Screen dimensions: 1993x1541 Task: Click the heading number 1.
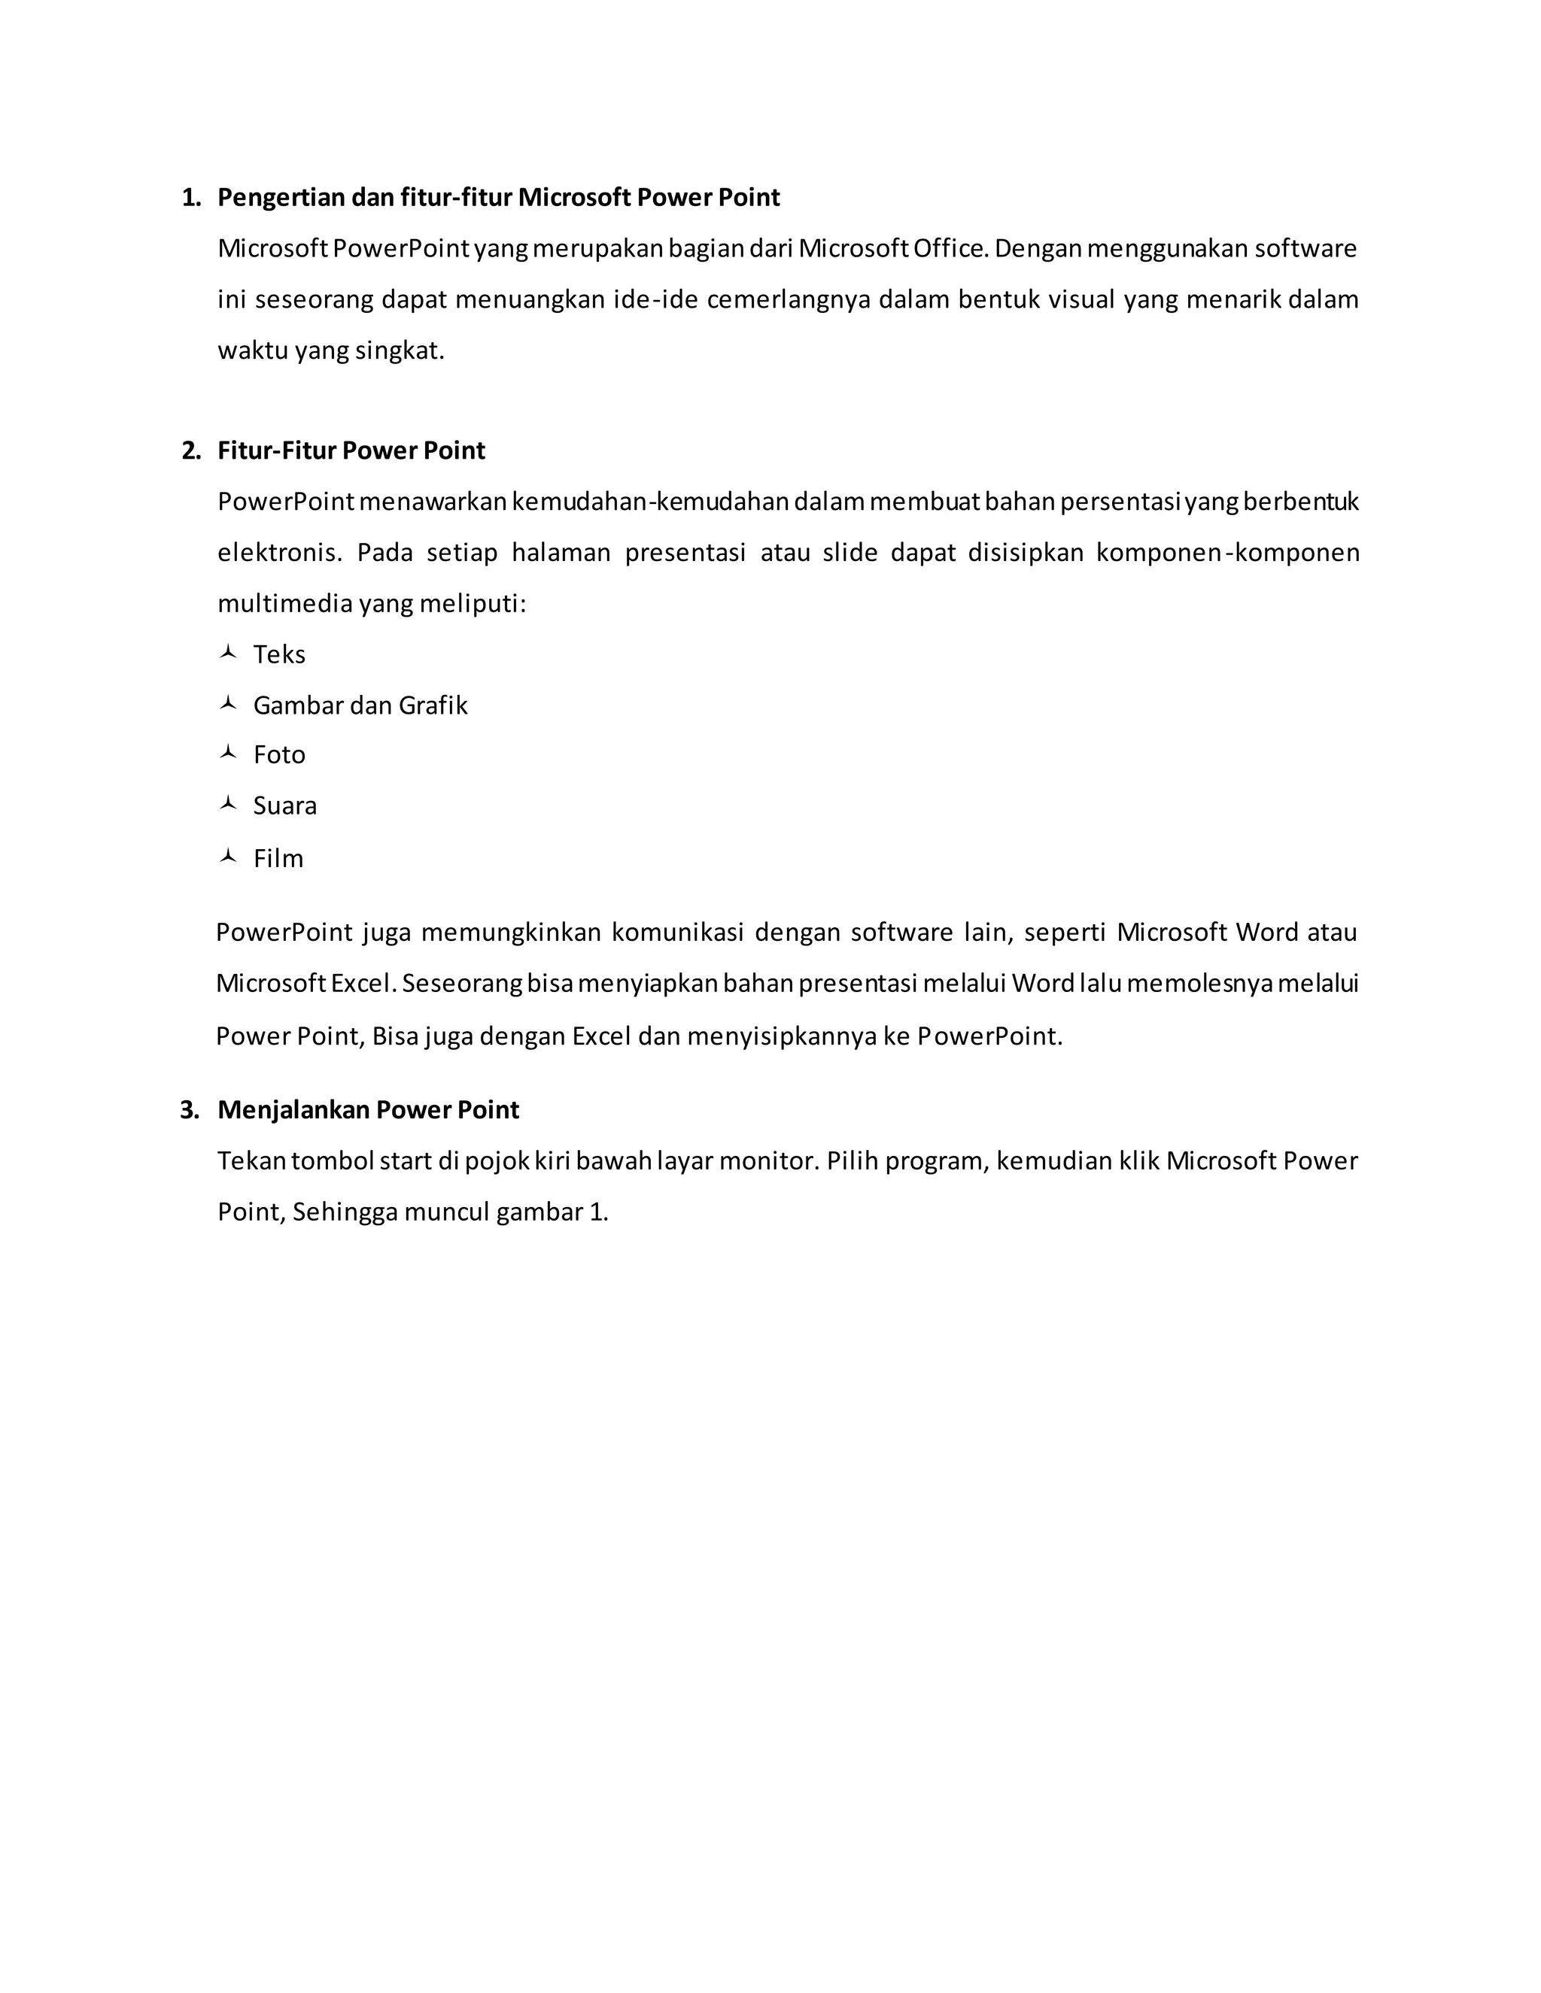[x=191, y=198]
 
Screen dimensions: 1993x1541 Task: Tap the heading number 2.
[x=191, y=450]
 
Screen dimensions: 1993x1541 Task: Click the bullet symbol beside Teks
[x=228, y=653]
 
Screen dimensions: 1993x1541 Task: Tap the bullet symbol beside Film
[x=228, y=856]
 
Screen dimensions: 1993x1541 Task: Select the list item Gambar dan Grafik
[x=360, y=705]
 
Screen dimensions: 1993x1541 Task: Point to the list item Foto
[x=279, y=754]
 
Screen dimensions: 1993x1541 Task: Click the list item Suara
[x=285, y=805]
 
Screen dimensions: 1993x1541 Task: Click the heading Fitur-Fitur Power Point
[x=351, y=450]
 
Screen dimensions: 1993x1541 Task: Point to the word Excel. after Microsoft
[x=363, y=984]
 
